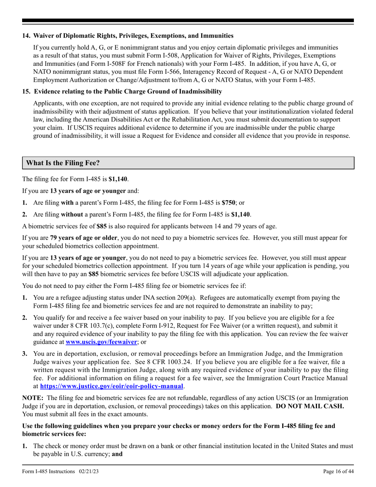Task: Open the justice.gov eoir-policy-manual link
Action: coord(112,386)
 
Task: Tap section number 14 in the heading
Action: coord(26,36)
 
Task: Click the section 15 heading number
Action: coord(26,91)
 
